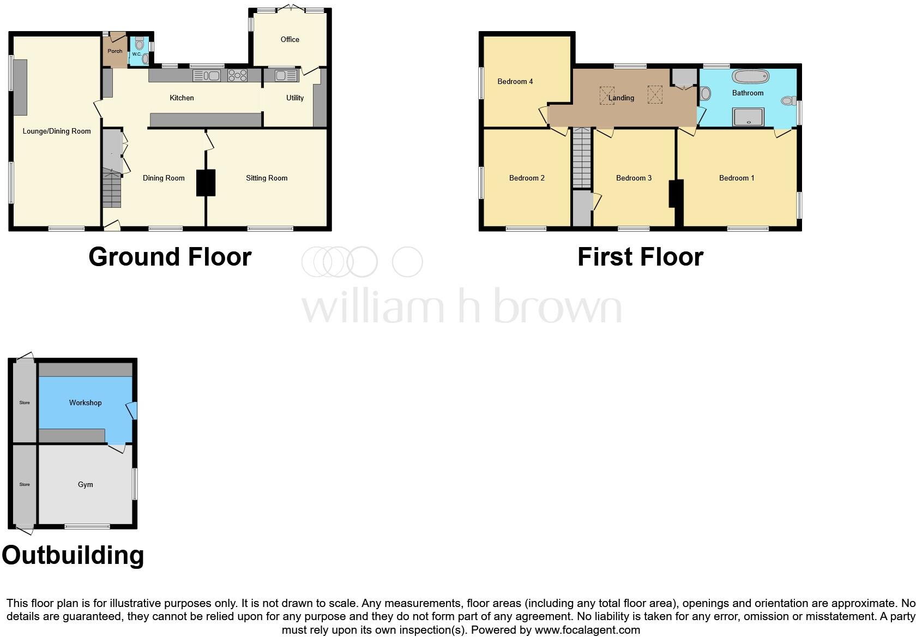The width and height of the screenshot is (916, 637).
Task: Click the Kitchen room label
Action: click(182, 98)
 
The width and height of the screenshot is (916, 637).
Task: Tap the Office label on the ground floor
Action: click(290, 39)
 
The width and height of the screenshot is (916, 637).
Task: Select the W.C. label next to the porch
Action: click(136, 55)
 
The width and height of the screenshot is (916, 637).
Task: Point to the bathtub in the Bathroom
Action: click(750, 76)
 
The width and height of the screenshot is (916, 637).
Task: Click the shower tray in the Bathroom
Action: click(748, 117)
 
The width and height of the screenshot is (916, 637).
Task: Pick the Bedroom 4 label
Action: click(515, 81)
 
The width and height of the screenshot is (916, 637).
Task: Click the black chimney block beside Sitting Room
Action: click(206, 183)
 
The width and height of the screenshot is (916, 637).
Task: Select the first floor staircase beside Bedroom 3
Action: click(582, 158)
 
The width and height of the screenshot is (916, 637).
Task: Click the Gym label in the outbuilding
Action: click(86, 484)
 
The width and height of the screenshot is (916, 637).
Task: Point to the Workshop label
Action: click(85, 402)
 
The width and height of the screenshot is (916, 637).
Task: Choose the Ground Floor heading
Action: click(170, 257)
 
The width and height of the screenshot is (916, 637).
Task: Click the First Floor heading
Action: click(640, 257)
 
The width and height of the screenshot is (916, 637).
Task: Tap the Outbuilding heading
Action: click(73, 555)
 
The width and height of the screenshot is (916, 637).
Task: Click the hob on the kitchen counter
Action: click(237, 75)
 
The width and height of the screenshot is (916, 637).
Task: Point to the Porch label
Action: click(115, 51)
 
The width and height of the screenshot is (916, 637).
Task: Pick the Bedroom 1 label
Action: click(737, 178)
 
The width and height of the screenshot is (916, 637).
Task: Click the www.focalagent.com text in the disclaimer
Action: click(587, 630)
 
